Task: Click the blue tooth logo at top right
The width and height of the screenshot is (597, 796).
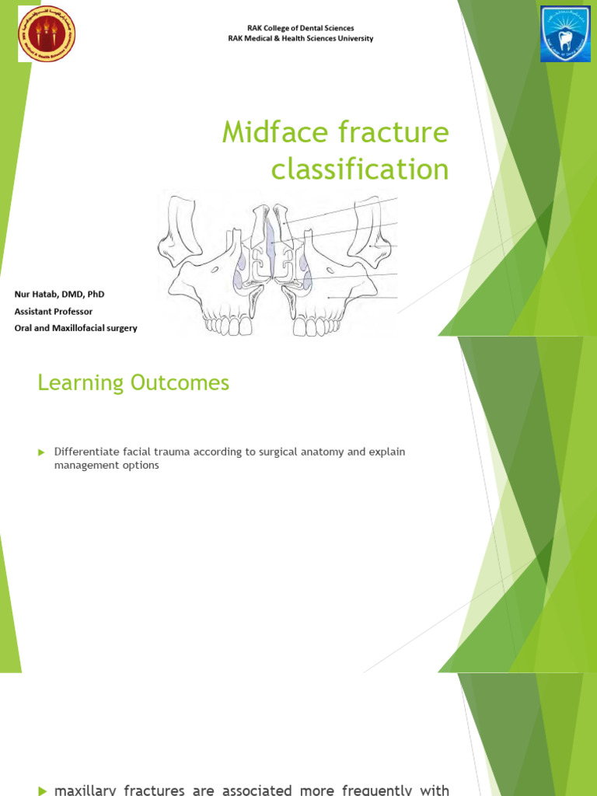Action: pyautogui.click(x=565, y=33)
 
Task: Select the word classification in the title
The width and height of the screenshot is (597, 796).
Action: pyautogui.click(x=360, y=169)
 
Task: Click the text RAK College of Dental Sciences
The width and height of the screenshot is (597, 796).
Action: pyautogui.click(x=300, y=28)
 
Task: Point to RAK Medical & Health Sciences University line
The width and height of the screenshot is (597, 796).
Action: pyautogui.click(x=300, y=39)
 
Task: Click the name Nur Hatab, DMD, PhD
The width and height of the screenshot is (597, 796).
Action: pyautogui.click(x=59, y=295)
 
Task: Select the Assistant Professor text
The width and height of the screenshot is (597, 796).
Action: pyautogui.click(x=54, y=311)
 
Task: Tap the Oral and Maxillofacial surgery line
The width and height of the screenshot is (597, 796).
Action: pyautogui.click(x=76, y=328)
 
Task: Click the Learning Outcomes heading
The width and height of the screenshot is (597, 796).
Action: pyautogui.click(x=134, y=382)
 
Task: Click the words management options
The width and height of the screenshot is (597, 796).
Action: pyautogui.click(x=106, y=466)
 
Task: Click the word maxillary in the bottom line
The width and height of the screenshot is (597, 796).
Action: pyautogui.click(x=83, y=791)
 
